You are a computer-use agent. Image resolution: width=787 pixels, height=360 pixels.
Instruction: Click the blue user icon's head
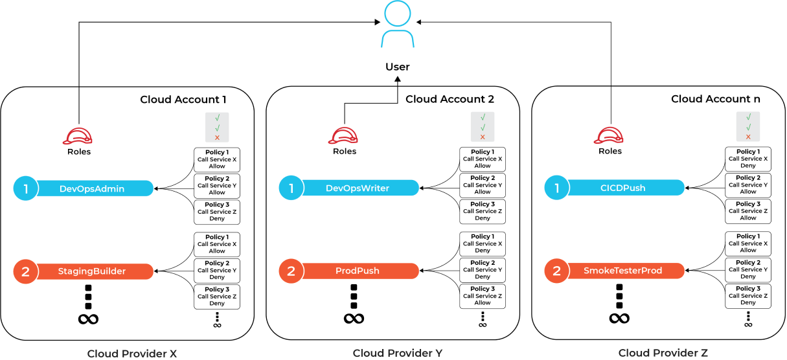tap(397, 14)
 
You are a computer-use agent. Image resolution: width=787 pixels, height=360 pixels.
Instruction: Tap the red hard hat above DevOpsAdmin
tap(78, 137)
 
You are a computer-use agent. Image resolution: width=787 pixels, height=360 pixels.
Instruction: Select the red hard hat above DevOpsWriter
tap(343, 136)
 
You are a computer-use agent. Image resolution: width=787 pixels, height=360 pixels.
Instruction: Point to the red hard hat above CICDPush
tap(609, 136)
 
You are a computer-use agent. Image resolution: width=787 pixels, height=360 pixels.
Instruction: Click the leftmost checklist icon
tap(217, 128)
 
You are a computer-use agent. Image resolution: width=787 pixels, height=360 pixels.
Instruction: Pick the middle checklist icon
tap(483, 127)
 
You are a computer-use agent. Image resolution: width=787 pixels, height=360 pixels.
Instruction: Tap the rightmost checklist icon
tap(748, 126)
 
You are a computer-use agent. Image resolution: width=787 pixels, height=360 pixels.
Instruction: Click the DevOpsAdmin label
tap(92, 189)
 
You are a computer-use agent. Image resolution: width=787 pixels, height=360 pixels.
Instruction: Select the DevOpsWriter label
tap(358, 188)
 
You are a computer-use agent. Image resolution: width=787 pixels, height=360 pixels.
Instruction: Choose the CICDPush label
tap(623, 188)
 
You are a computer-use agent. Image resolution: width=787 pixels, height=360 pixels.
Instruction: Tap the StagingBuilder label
tap(92, 271)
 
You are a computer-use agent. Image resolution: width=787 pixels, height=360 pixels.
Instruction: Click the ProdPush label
tap(358, 271)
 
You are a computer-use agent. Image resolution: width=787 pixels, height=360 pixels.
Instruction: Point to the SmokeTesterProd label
tap(623, 271)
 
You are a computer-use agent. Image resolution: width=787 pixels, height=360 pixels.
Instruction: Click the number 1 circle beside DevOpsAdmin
tap(26, 188)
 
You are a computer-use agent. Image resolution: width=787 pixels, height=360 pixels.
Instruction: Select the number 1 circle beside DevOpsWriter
tap(291, 188)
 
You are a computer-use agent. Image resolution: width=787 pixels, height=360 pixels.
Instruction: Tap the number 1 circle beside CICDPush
tap(556, 188)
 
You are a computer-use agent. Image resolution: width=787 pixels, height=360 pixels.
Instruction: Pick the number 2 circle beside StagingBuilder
tap(26, 271)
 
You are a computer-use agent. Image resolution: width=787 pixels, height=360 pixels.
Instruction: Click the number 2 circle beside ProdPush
tap(291, 271)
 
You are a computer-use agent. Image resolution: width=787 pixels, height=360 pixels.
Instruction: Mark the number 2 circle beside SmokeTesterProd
tap(556, 271)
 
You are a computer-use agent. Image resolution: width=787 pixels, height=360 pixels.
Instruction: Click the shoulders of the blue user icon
tap(397, 39)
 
